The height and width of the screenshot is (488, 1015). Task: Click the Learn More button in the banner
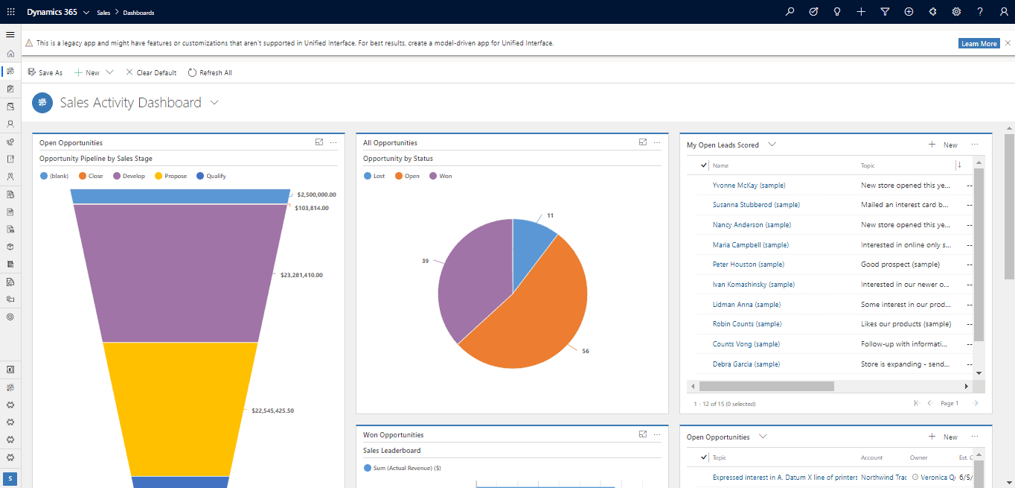pyautogui.click(x=979, y=43)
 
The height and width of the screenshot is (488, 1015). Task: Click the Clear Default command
pyautogui.click(x=151, y=72)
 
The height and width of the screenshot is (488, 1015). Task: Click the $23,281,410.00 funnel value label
pyautogui.click(x=301, y=275)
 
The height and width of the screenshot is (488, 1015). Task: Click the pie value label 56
pyautogui.click(x=585, y=351)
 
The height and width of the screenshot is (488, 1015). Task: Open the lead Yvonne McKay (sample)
pyautogui.click(x=749, y=185)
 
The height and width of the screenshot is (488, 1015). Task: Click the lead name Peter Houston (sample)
pyautogui.click(x=748, y=264)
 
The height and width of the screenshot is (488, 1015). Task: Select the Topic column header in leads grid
pyautogui.click(x=868, y=165)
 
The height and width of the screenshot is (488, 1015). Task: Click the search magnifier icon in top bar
pyautogui.click(x=790, y=12)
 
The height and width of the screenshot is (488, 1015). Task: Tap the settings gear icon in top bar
pyautogui.click(x=956, y=12)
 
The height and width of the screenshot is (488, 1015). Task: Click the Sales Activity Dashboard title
pyautogui.click(x=130, y=103)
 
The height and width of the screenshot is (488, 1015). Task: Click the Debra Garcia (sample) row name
pyautogui.click(x=746, y=364)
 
